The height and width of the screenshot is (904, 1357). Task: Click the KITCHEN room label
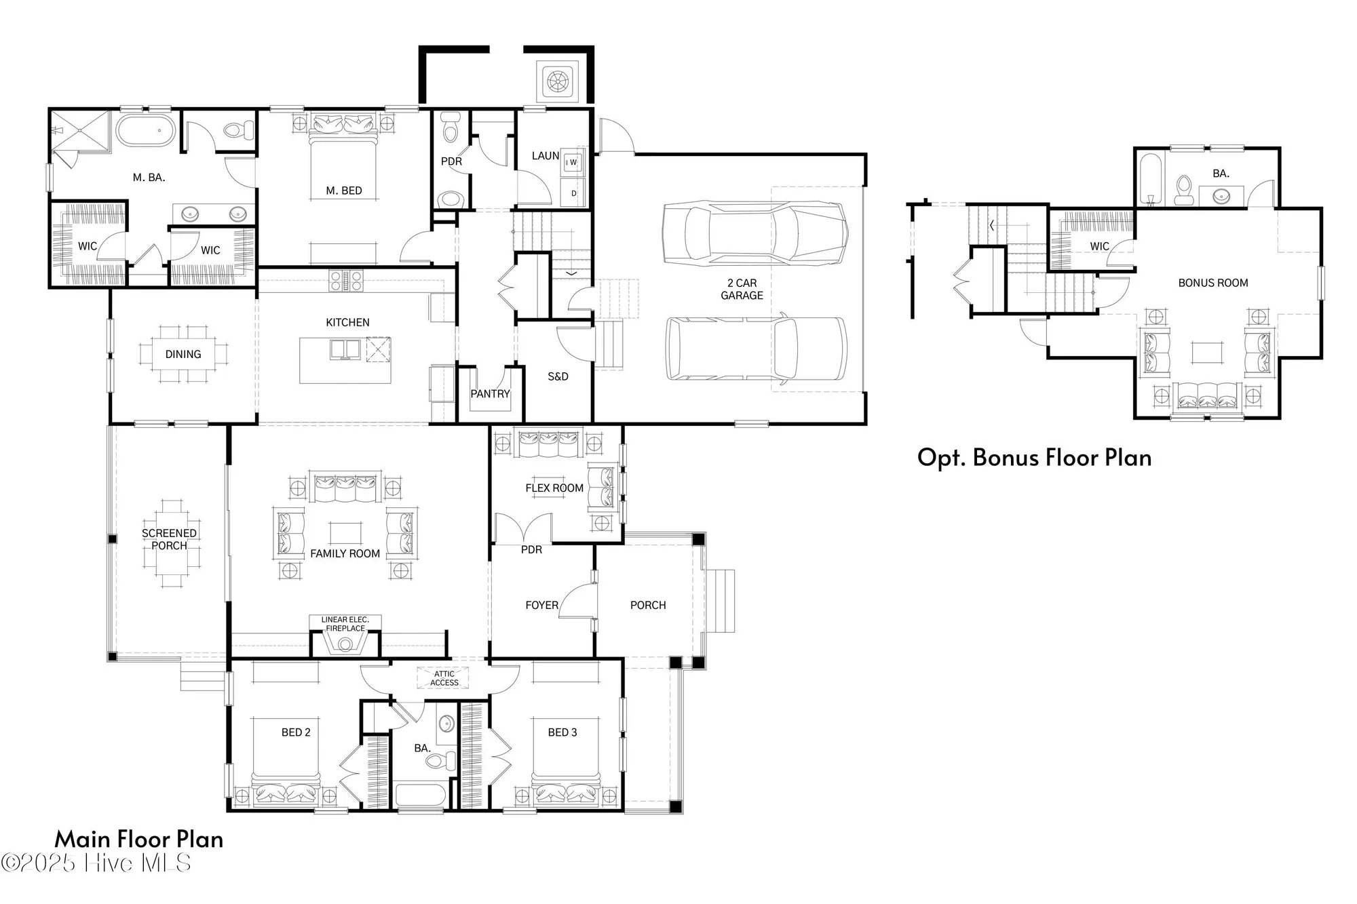click(347, 322)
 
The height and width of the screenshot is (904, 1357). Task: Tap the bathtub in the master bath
click(145, 130)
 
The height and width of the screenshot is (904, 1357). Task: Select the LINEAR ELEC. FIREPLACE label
click(345, 624)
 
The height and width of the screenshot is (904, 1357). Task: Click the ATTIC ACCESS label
click(444, 678)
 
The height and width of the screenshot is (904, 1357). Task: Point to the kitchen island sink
click(345, 350)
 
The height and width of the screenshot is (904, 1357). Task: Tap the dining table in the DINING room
click(183, 354)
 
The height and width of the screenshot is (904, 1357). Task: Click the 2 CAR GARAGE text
click(742, 289)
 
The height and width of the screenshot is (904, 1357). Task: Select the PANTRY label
click(490, 393)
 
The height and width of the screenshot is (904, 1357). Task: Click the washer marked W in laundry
click(573, 163)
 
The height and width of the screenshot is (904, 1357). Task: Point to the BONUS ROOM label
click(1213, 283)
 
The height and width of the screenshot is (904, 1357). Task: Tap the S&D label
click(558, 376)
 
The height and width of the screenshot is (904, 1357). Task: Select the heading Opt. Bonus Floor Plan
click(1034, 458)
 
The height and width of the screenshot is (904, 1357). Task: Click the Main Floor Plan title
click(139, 839)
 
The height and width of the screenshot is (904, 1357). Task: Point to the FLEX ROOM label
click(554, 488)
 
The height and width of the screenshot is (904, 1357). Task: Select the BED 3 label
click(562, 732)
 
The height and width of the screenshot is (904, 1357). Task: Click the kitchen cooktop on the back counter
click(346, 280)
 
